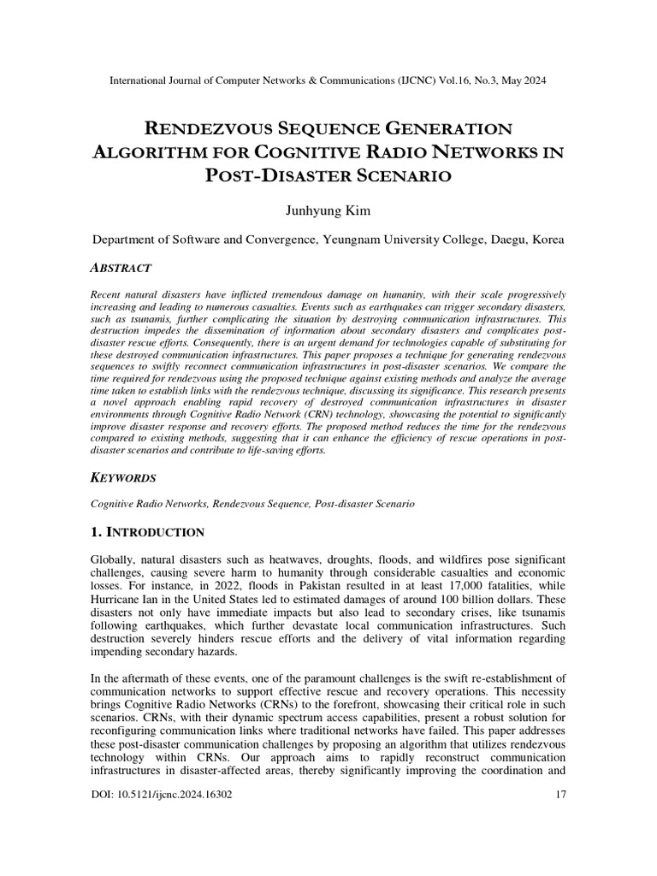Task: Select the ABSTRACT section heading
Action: (121, 268)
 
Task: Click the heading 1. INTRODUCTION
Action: (147, 532)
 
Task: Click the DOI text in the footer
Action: (161, 795)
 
